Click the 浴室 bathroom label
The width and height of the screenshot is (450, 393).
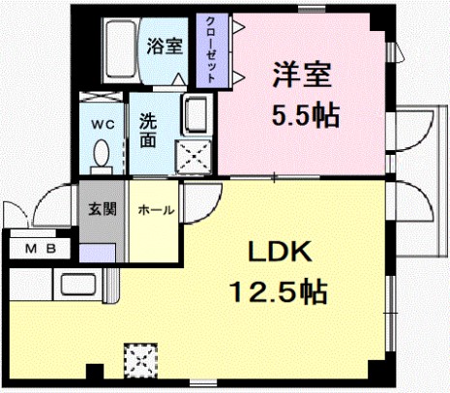click(x=165, y=46)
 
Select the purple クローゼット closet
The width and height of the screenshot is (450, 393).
click(x=213, y=50)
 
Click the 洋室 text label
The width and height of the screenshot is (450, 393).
click(x=302, y=75)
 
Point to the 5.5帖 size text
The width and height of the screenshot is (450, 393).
click(x=306, y=115)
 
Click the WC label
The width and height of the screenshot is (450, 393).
click(x=103, y=125)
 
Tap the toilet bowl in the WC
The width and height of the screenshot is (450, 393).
click(x=102, y=154)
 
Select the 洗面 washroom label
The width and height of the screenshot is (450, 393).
click(x=148, y=131)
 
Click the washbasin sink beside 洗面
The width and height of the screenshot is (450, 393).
click(x=195, y=114)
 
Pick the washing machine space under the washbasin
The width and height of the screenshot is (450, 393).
click(x=194, y=157)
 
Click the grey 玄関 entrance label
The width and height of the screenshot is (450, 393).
click(x=103, y=210)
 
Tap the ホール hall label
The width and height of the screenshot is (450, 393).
click(x=156, y=211)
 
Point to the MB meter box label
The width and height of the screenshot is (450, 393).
click(x=41, y=249)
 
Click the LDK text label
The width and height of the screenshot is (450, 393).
click(x=280, y=251)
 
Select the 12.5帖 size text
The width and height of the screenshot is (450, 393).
click(x=278, y=292)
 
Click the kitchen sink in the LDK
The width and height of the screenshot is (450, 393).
click(x=78, y=285)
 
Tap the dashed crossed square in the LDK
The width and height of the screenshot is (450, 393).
click(x=141, y=361)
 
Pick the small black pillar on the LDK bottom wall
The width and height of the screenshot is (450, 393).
click(x=95, y=372)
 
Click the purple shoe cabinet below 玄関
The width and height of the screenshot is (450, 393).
click(x=98, y=253)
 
